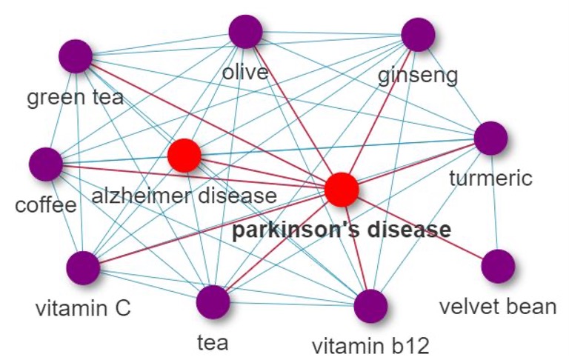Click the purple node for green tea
click(75, 56)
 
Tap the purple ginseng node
click(417, 35)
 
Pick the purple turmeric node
click(490, 138)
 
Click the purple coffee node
click(46, 164)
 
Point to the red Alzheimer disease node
click(184, 156)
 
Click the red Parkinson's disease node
click(342, 189)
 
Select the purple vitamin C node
click(83, 267)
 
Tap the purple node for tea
click(213, 301)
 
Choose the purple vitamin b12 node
click(370, 306)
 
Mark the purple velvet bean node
click(497, 266)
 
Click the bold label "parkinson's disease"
click(341, 230)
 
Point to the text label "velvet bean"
click(497, 306)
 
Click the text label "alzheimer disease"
click(183, 196)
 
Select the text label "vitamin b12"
click(370, 345)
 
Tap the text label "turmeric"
click(490, 178)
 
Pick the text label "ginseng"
click(418, 75)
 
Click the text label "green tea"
click(75, 97)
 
